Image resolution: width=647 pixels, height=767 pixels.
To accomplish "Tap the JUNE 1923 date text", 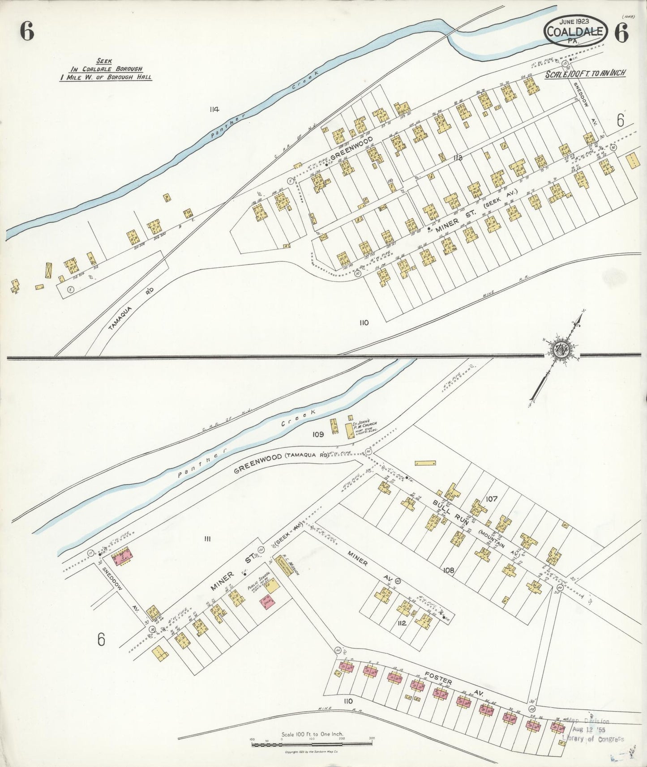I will coord(574,21).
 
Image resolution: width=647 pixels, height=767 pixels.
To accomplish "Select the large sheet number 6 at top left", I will coord(27,31).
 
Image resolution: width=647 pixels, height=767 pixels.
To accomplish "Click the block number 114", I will coord(214,109).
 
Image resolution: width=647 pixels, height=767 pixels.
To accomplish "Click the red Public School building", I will coord(269,601).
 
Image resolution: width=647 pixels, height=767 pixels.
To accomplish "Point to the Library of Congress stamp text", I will coord(592,739).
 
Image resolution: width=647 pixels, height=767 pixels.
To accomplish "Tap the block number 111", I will coord(207,539).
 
